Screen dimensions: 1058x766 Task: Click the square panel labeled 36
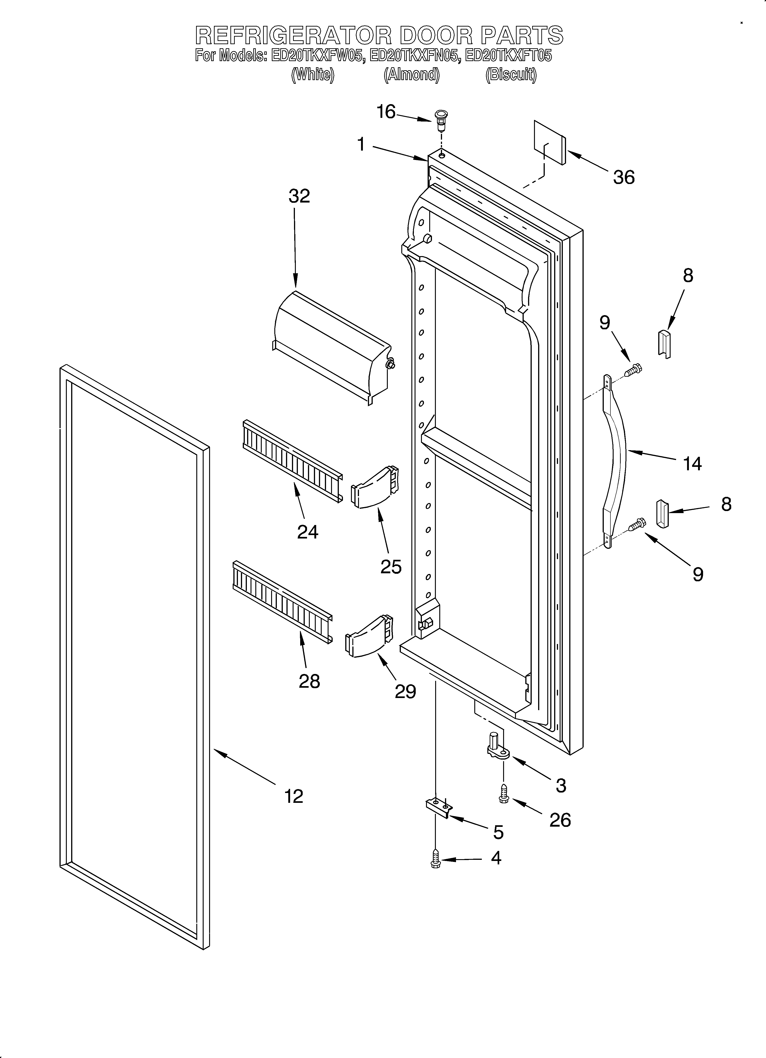550,142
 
